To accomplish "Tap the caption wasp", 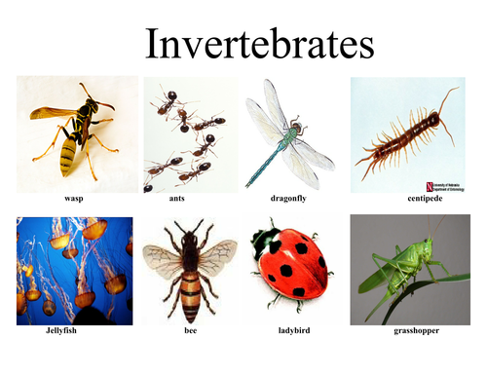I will (x=74, y=200).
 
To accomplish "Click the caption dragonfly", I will (x=292, y=200).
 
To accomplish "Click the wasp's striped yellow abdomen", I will (x=67, y=151).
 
